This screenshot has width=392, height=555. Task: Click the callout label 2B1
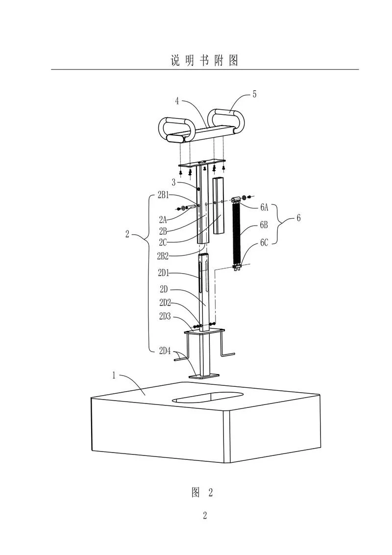coord(163,195)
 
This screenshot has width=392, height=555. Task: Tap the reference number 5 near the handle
coord(254,95)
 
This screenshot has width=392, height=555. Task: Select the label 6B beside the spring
coord(264,225)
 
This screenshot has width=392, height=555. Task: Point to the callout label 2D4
coord(165,352)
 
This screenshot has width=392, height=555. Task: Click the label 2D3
coord(165,316)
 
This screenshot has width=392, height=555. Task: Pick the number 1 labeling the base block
coord(114,375)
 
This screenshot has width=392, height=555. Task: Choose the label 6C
coord(264,243)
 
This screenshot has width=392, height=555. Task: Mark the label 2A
coord(163,220)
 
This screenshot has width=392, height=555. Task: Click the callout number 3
coord(174,183)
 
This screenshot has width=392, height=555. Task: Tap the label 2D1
coord(164,273)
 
